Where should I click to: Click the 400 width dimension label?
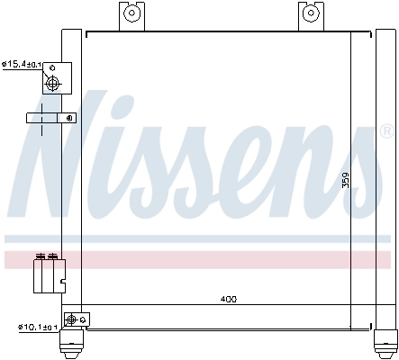pos(228,298)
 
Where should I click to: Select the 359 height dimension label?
pos(345,180)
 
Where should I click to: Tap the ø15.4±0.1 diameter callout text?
pos(21,64)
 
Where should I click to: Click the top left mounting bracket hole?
pos(131,13)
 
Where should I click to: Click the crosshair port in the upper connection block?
pos(52,84)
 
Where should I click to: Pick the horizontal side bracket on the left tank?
pos(50,118)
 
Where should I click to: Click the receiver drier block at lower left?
pos(49,274)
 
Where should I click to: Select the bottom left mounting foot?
pos(72,344)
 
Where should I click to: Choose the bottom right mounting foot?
pos(384,344)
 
